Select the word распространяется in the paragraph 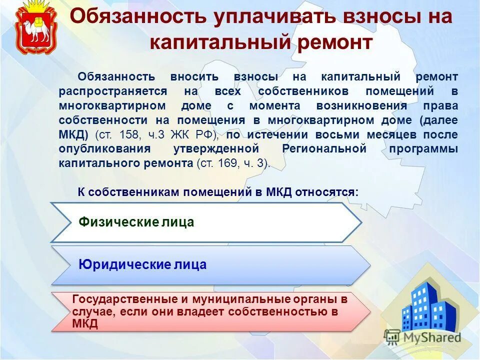112,91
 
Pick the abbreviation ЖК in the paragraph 183,135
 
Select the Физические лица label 136,222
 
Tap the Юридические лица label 142,264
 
